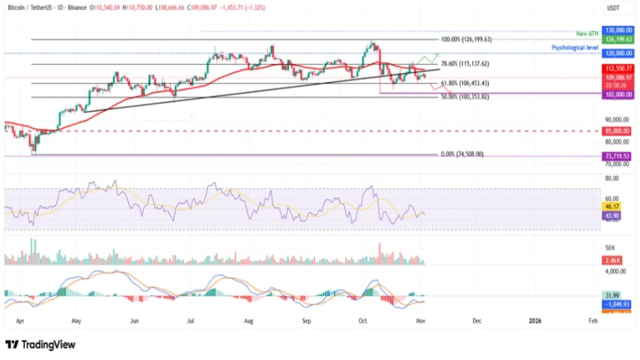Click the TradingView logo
(x=40, y=345)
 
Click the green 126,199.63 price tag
(x=618, y=40)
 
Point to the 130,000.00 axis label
(x=618, y=32)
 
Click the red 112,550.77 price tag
(x=618, y=68)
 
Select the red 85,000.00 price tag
(x=618, y=131)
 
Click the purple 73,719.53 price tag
(x=618, y=156)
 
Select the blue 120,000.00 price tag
(x=618, y=53)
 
